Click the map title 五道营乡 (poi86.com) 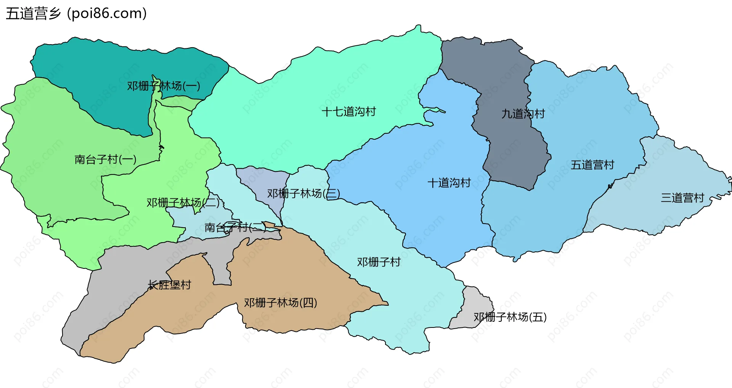click(76, 14)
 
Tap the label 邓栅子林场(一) click(164, 86)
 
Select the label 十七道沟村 click(349, 112)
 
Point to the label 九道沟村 click(523, 113)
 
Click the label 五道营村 click(592, 165)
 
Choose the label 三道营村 click(682, 198)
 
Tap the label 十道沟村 click(449, 183)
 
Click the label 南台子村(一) click(106, 159)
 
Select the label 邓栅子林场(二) click(183, 203)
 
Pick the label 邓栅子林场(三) click(303, 193)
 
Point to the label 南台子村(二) click(235, 227)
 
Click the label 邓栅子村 click(379, 262)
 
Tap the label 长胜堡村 click(169, 285)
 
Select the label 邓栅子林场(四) click(281, 303)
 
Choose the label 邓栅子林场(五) click(510, 317)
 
